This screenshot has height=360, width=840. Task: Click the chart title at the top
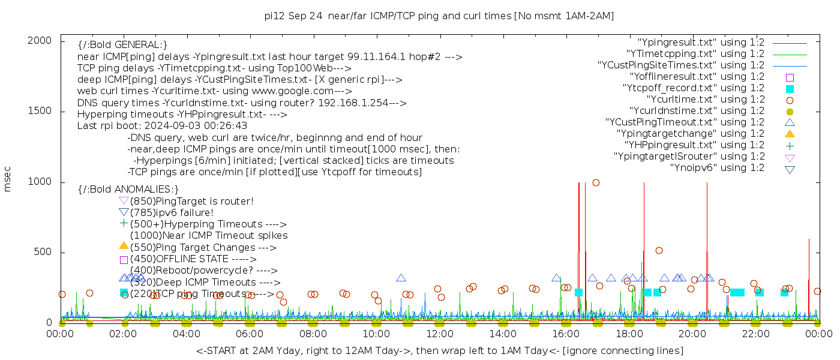(439, 16)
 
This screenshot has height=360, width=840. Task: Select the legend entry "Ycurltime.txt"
(706, 100)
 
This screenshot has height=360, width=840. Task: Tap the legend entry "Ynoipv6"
(717, 168)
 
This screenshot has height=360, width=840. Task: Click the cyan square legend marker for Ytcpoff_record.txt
(790, 89)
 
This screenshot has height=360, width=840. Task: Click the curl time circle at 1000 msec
(596, 183)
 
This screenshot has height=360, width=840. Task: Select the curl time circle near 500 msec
(659, 251)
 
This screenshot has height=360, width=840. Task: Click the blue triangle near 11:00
(401, 278)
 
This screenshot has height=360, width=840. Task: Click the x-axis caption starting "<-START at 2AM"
(439, 350)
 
